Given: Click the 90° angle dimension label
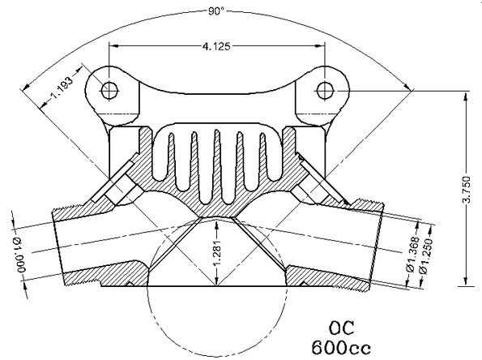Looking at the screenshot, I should click(x=215, y=11).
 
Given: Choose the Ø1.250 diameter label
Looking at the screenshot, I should click(x=421, y=257).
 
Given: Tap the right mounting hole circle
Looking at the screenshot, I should click(x=324, y=87).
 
